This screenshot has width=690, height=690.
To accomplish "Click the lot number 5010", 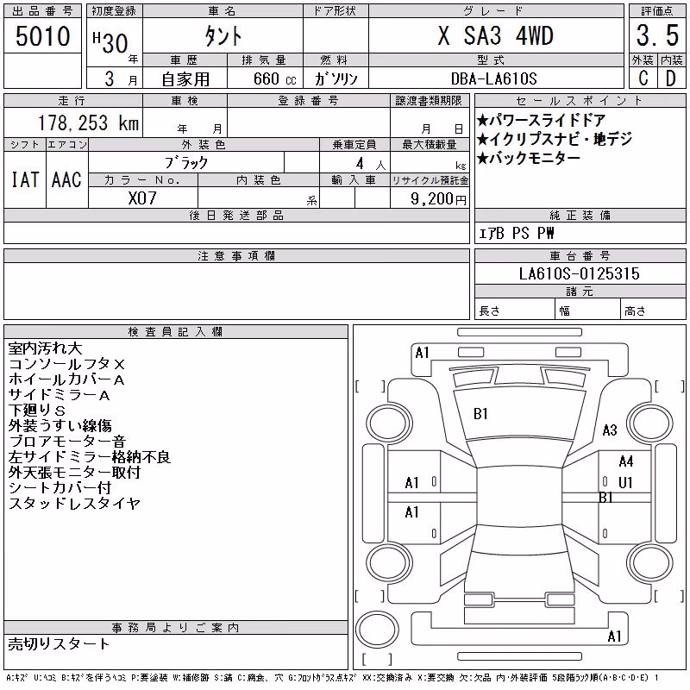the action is coord(42,36).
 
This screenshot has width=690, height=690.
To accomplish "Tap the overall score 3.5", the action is coord(657,35).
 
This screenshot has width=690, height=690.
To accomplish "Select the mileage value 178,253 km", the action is coord(88,122).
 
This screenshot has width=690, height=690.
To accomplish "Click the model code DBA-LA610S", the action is coord(493,78).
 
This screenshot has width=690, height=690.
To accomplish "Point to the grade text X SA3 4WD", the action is coord(495,35).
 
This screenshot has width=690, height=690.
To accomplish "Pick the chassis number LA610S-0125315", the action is coord(579,273).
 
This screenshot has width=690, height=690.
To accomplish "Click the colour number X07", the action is coord(142,198).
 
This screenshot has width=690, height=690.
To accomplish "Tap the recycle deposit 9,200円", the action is coord(438,199).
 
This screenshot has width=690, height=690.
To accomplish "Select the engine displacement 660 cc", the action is coord(274,79).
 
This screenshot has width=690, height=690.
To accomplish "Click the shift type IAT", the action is coord(25,179).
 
